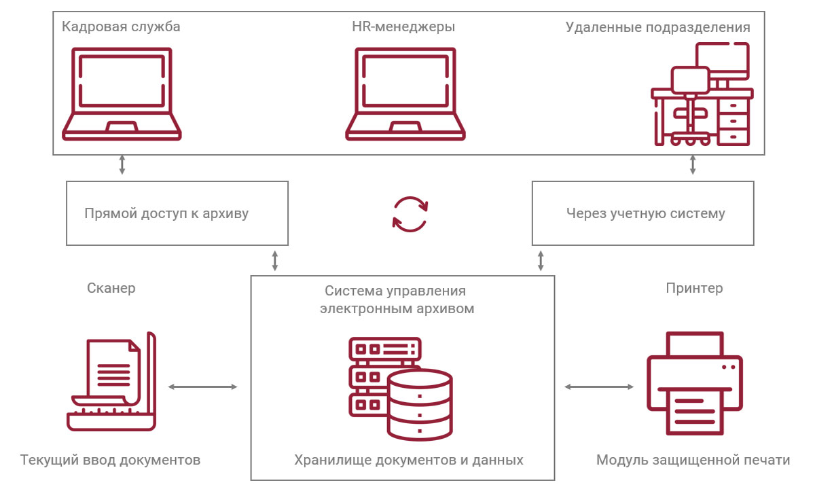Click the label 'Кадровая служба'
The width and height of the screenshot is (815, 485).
pos(121,27)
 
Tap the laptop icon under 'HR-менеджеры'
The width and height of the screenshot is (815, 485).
pos(405,94)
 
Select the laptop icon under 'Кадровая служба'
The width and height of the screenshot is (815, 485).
pos(122,94)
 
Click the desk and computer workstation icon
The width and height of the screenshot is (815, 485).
pos(702,95)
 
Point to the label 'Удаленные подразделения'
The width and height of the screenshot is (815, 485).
pos(657,27)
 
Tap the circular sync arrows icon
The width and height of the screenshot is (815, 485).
pos(410,214)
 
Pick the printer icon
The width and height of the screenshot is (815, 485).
pos(693,383)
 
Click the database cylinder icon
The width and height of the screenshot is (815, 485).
pos(420,406)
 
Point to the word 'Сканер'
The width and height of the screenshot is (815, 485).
pos(111,288)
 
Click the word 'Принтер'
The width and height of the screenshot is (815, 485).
pos(694,288)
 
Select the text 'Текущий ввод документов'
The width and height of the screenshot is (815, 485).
pos(111,460)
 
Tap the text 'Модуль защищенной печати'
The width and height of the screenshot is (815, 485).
pos(693,460)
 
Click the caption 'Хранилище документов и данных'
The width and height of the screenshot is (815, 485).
pos(409,460)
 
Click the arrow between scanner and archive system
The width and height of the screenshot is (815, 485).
pos(202,387)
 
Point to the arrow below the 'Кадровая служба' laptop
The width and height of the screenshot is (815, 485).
pos(122,165)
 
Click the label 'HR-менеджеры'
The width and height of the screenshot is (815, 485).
pos(403,27)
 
